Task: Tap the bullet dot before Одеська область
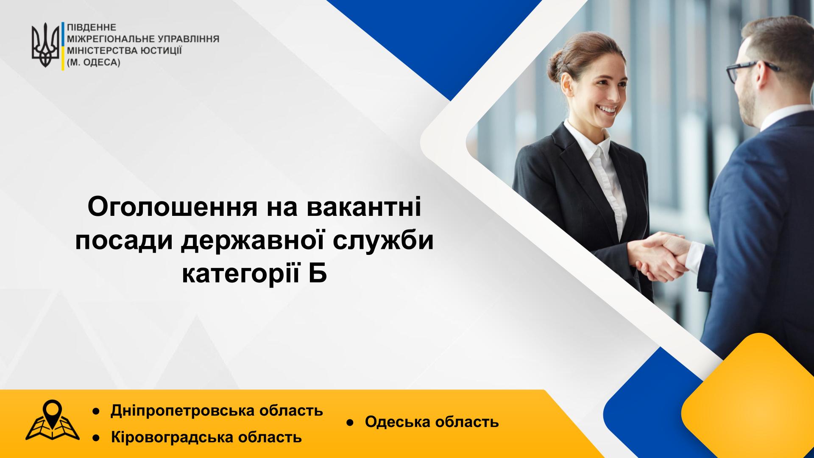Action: tap(351, 423)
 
